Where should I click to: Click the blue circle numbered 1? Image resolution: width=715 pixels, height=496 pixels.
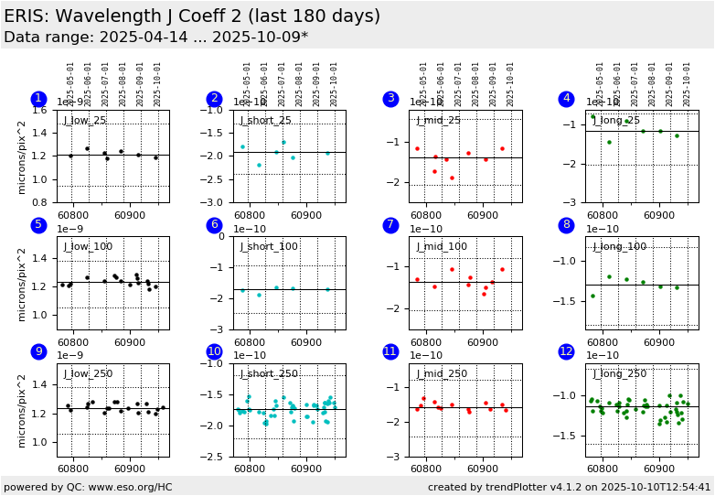coord(38,99)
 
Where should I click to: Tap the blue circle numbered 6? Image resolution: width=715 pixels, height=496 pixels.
coord(215,225)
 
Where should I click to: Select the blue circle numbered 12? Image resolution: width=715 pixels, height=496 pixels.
coord(567,351)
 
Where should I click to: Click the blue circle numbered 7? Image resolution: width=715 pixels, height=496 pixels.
coord(391,225)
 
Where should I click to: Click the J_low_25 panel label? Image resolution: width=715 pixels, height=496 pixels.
coord(85,121)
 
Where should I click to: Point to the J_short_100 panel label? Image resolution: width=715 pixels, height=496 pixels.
coord(269,247)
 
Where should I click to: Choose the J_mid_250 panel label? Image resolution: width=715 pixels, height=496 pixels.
coord(442,373)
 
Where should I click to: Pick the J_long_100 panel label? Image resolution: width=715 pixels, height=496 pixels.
coord(620,247)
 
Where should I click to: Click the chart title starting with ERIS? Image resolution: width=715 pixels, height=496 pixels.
coord(192,16)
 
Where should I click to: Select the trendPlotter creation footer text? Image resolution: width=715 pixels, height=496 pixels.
coord(569,487)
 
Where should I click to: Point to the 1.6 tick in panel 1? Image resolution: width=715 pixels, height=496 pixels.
coord(39,110)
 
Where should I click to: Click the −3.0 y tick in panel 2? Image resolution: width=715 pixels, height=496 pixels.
coord(216,202)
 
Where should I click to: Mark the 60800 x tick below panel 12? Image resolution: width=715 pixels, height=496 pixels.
coord(602,469)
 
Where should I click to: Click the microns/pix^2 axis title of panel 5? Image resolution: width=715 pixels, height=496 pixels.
coord(22,283)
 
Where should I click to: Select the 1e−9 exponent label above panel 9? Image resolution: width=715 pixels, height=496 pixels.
coord(70,356)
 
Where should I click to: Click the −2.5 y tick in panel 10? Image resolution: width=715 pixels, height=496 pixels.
coord(216,457)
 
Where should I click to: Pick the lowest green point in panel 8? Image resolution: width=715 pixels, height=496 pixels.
coord(592,296)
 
